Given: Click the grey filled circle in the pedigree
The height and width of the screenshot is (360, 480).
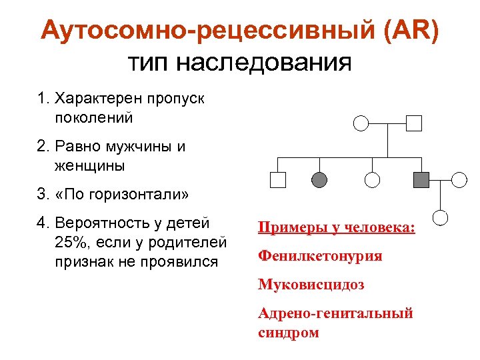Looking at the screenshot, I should click(x=320, y=179).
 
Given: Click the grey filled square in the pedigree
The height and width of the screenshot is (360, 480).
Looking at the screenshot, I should click(x=421, y=179).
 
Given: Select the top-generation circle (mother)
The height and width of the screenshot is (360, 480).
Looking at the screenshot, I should click(x=360, y=123).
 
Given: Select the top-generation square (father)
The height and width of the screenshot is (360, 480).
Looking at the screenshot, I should click(x=415, y=123).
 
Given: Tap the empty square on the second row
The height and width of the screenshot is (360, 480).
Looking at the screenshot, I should click(x=277, y=179).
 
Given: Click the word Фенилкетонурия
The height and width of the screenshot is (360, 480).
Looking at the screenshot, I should click(x=320, y=255).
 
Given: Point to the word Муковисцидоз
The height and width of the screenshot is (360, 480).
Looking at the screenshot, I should click(x=311, y=285).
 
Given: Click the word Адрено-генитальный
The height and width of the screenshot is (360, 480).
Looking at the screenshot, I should click(x=335, y=313).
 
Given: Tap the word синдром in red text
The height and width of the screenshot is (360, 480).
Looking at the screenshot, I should click(x=288, y=332).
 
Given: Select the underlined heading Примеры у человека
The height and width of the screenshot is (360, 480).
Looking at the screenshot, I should click(x=336, y=227).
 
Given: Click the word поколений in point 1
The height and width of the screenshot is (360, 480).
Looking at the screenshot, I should click(x=91, y=117).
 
